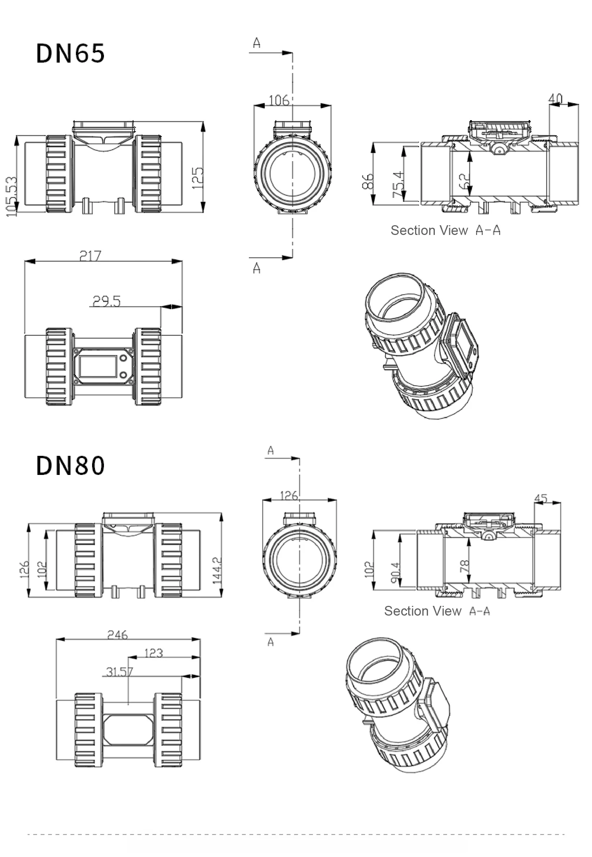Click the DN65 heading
coord(70,53)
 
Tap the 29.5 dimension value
coord(106,301)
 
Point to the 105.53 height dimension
coord(12,196)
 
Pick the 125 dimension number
coord(198,178)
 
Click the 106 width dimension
coord(279,100)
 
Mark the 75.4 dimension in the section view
coord(398,184)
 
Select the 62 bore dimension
coord(464,181)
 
